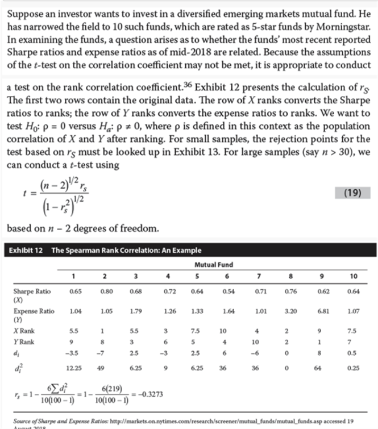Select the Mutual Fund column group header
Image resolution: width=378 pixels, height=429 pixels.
pyautogui.click(x=214, y=264)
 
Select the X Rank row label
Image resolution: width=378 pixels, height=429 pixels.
pyautogui.click(x=24, y=330)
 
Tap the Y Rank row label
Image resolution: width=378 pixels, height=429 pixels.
pyautogui.click(x=24, y=341)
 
